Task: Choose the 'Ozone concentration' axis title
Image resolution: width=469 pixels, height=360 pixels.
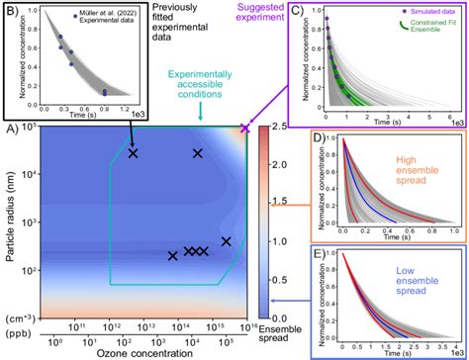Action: pyautogui.click(x=134, y=353)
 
